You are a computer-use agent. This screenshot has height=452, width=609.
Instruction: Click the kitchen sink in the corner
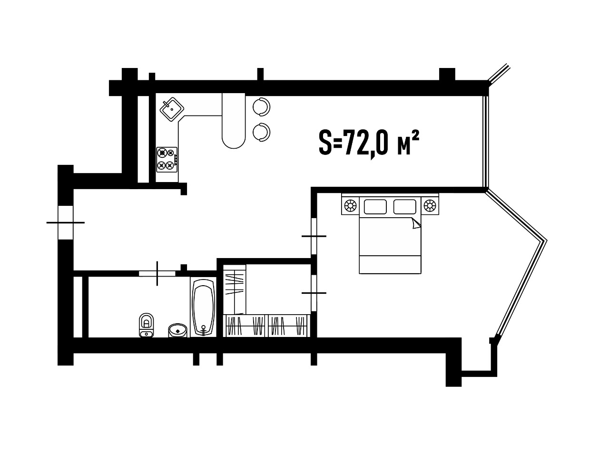point(172,109)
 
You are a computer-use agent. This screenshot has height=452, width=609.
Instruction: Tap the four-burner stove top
point(167,160)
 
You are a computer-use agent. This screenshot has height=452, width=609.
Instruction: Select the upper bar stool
point(262,107)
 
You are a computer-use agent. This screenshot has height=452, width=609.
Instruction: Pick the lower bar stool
point(262,132)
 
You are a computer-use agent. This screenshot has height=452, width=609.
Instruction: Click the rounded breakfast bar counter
point(234,121)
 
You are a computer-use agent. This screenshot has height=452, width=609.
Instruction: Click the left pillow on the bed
point(375,207)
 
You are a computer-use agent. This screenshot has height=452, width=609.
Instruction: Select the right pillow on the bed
point(405,207)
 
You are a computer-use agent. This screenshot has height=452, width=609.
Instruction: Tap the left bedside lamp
point(350,205)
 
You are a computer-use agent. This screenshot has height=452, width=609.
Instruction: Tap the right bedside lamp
point(430,205)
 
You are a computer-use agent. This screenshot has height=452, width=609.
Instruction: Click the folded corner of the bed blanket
point(416,223)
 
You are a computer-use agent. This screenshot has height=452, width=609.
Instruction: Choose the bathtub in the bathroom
point(203,307)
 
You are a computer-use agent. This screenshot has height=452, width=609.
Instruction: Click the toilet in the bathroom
point(147,325)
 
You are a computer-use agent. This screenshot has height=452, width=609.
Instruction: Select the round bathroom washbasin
point(177,330)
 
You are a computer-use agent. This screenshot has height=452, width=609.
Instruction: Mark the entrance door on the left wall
point(65,222)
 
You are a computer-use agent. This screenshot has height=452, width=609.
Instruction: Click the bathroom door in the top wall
point(157,273)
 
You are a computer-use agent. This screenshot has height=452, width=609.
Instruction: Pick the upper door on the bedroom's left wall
point(314,236)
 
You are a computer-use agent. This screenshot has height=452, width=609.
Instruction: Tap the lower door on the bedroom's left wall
point(314,293)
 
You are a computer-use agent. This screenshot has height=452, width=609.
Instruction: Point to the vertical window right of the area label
point(486,142)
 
